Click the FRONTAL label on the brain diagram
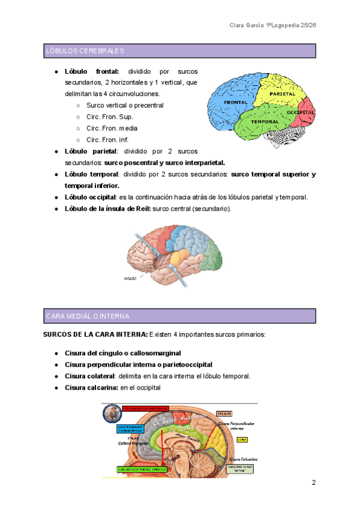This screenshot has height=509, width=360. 235,103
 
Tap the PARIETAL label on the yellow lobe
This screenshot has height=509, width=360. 282,94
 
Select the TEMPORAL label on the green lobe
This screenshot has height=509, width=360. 265,121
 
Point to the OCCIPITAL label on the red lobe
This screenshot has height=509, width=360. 301,112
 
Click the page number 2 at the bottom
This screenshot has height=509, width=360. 313,483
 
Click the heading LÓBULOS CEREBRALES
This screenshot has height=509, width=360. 85,51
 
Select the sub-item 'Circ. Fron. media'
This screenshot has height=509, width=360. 112,128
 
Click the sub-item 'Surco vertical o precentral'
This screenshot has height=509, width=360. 125,105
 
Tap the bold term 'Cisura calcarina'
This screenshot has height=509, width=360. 91,388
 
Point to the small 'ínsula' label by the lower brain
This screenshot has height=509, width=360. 130,279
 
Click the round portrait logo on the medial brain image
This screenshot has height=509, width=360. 110,414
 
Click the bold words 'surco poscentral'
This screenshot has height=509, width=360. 131,162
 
